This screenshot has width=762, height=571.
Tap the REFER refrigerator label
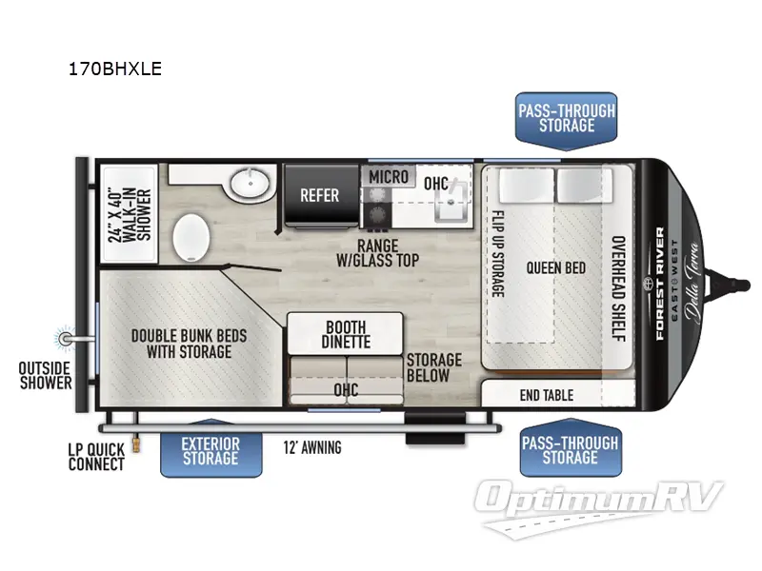click(320, 195)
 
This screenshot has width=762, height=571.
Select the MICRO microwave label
click(389, 177)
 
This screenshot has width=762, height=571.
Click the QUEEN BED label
click(555, 268)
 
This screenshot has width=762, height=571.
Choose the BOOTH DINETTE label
click(346, 333)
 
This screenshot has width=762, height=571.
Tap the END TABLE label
click(547, 394)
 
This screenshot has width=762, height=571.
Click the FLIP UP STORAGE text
click(496, 252)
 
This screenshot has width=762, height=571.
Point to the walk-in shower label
click(128, 215)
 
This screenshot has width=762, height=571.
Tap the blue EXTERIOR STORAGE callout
click(211, 451)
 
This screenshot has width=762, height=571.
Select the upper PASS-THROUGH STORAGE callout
click(566, 118)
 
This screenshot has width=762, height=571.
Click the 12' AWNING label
click(312, 447)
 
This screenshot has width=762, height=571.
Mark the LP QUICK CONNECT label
click(96, 457)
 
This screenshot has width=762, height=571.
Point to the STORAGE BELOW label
click(433, 367)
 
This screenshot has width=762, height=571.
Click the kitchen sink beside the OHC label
click(448, 204)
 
